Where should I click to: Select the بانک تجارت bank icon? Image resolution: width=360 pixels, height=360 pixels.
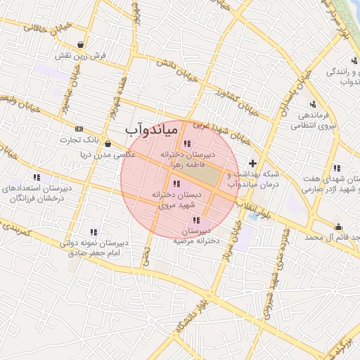(x=79, y=129)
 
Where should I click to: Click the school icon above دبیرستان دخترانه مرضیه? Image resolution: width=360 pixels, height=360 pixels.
(x=195, y=220)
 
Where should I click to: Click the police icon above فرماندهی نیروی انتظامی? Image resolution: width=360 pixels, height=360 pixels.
(x=312, y=105)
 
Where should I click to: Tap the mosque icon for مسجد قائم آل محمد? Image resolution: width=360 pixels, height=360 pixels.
(x=339, y=226)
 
